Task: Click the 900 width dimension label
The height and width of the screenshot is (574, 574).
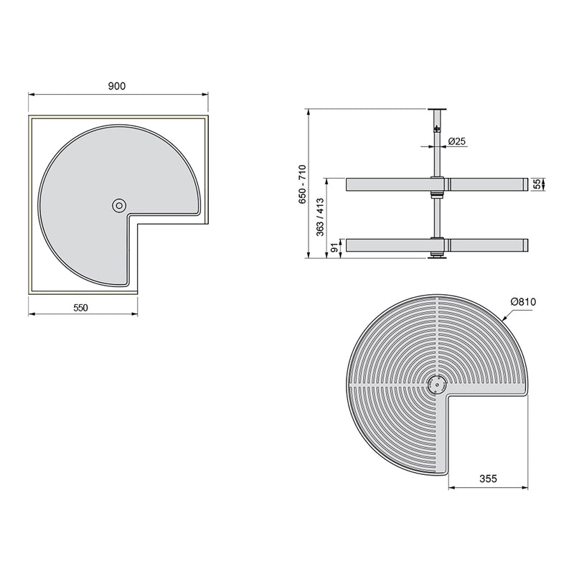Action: point(117,85)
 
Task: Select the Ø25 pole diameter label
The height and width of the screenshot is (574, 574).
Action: point(457,141)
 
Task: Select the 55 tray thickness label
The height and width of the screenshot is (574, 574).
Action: point(536,184)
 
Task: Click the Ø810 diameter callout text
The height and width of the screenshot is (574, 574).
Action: point(524,303)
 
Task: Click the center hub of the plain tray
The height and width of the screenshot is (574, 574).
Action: point(118,206)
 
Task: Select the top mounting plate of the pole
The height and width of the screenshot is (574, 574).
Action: point(435,108)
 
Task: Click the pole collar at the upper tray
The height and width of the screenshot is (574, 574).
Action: point(435,185)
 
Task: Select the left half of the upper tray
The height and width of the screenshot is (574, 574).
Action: point(387,185)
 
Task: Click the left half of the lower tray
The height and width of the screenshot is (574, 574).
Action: point(387,245)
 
